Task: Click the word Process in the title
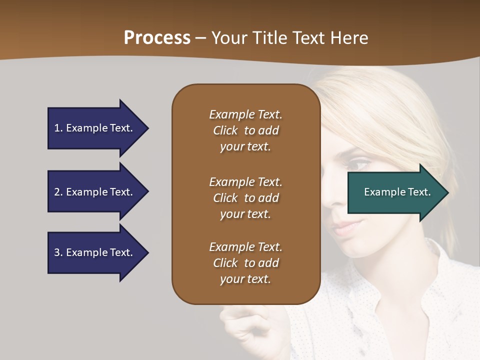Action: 157,38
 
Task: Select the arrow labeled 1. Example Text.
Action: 95,128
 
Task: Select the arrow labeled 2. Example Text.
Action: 95,192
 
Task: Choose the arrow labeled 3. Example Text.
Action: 95,252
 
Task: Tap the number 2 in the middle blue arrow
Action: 57,192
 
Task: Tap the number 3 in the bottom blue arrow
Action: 57,252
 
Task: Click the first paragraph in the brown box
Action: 245,130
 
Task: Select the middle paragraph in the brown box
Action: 245,198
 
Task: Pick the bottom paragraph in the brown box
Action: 245,263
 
